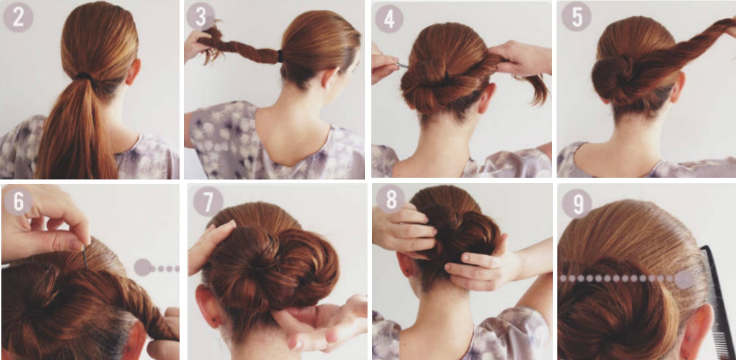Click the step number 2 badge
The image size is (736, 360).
[18, 17]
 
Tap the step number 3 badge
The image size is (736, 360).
[201, 16]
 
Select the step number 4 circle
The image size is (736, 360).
[389, 18]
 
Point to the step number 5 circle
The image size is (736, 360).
[577, 16]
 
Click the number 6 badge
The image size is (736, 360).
[18, 201]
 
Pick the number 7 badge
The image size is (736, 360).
[208, 202]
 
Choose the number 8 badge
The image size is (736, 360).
[391, 199]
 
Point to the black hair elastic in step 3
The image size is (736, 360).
[280, 56]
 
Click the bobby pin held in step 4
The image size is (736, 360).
[402, 65]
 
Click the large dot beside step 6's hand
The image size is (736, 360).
[143, 267]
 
